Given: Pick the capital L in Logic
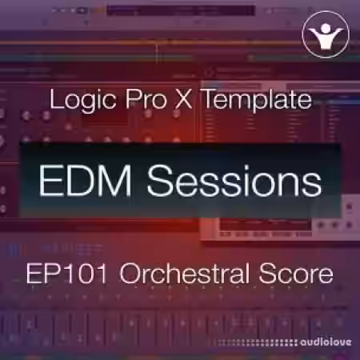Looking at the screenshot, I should [55, 102].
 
